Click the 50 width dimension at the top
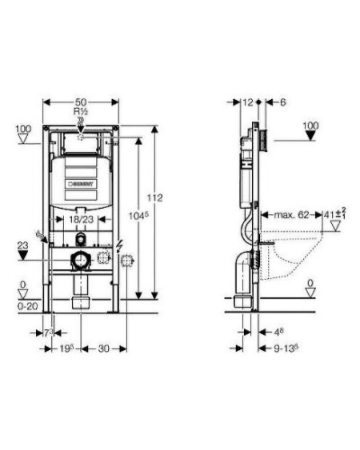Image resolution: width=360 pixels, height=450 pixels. pyautogui.click(x=81, y=104)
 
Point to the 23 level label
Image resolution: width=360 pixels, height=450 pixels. pyautogui.click(x=23, y=244)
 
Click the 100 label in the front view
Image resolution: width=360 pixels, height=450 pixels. pyautogui.click(x=23, y=130)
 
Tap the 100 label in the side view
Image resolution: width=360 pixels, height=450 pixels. pyautogui.click(x=311, y=124)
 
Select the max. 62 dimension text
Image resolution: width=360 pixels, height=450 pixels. pyautogui.click(x=290, y=216)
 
